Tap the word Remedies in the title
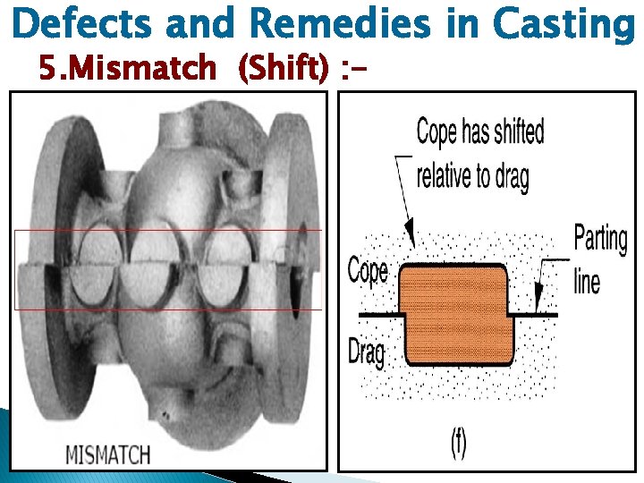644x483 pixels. point(341,24)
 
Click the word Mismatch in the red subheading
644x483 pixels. point(138,66)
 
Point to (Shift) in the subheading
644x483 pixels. point(283,66)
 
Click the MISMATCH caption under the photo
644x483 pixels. point(108,453)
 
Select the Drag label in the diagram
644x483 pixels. point(366,352)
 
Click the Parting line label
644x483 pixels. point(600,260)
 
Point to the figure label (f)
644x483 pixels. point(457,445)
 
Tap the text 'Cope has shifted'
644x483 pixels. point(480,133)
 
